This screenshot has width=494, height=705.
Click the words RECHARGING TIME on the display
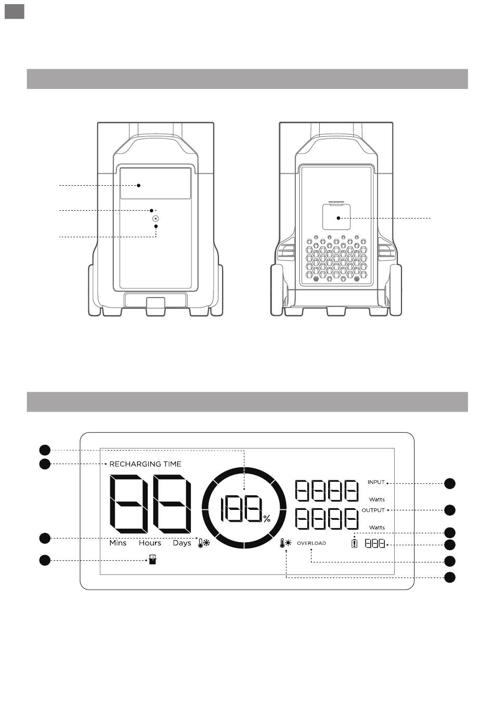pyautogui.click(x=145, y=464)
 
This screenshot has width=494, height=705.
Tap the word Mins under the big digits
pyautogui.click(x=118, y=543)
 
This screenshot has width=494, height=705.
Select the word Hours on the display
pyautogui.click(x=150, y=543)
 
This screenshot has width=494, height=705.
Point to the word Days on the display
pyautogui.click(x=182, y=543)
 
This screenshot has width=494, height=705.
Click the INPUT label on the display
pyautogui.click(x=376, y=482)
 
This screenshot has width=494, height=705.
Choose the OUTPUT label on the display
pyautogui.click(x=373, y=510)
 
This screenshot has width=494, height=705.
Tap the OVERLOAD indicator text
pyautogui.click(x=311, y=543)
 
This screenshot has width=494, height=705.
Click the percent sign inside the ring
pyautogui.click(x=267, y=519)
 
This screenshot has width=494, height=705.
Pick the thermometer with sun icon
pyautogui.click(x=285, y=544)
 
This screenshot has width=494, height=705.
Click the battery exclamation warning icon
pyautogui.click(x=355, y=544)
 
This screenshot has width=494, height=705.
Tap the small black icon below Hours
pyautogui.click(x=152, y=560)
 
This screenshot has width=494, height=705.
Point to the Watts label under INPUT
pyautogui.click(x=377, y=499)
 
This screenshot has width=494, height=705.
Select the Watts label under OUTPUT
pyautogui.click(x=377, y=528)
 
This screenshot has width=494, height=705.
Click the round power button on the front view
pyautogui.click(x=155, y=219)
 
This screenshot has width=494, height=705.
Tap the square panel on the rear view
pyautogui.click(x=336, y=216)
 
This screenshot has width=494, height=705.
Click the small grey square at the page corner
pyautogui.click(x=15, y=10)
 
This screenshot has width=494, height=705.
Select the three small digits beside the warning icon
pyautogui.click(x=375, y=544)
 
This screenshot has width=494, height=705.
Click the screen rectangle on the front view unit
pyautogui.click(x=155, y=183)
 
